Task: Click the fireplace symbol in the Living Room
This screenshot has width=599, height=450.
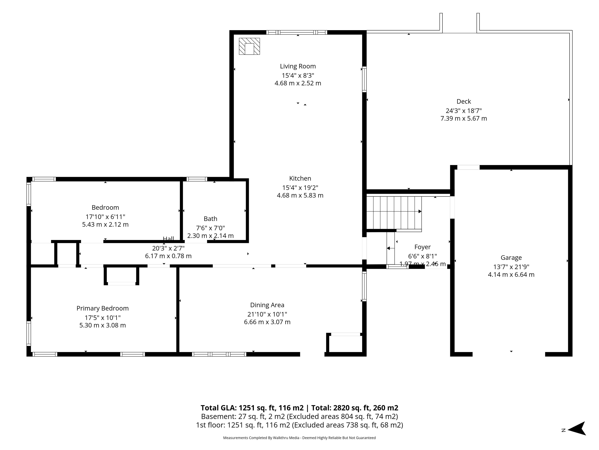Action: (x=249, y=46)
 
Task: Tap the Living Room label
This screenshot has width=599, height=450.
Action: (x=298, y=66)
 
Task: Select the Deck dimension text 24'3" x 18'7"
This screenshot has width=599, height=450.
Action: (x=464, y=111)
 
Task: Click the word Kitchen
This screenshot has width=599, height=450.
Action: (x=300, y=178)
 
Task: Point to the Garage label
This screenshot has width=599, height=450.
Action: (x=511, y=258)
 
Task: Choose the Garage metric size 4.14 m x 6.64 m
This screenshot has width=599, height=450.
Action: (x=511, y=275)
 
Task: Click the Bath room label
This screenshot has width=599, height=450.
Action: (x=210, y=219)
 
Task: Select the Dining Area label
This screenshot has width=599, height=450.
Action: (x=267, y=305)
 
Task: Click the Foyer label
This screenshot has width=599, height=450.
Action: (x=422, y=247)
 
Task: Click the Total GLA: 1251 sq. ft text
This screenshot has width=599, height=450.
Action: (x=252, y=408)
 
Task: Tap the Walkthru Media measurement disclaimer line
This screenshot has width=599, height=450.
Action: (x=299, y=438)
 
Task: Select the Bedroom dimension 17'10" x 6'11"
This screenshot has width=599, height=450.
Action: (x=105, y=217)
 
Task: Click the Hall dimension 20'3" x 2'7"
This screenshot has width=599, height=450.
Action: (x=168, y=248)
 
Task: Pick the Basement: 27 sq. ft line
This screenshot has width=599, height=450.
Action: (x=299, y=416)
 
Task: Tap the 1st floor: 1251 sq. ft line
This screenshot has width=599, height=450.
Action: (x=299, y=425)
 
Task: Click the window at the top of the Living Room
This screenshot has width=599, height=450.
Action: (x=297, y=32)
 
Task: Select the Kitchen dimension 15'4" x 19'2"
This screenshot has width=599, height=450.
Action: (x=300, y=188)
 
